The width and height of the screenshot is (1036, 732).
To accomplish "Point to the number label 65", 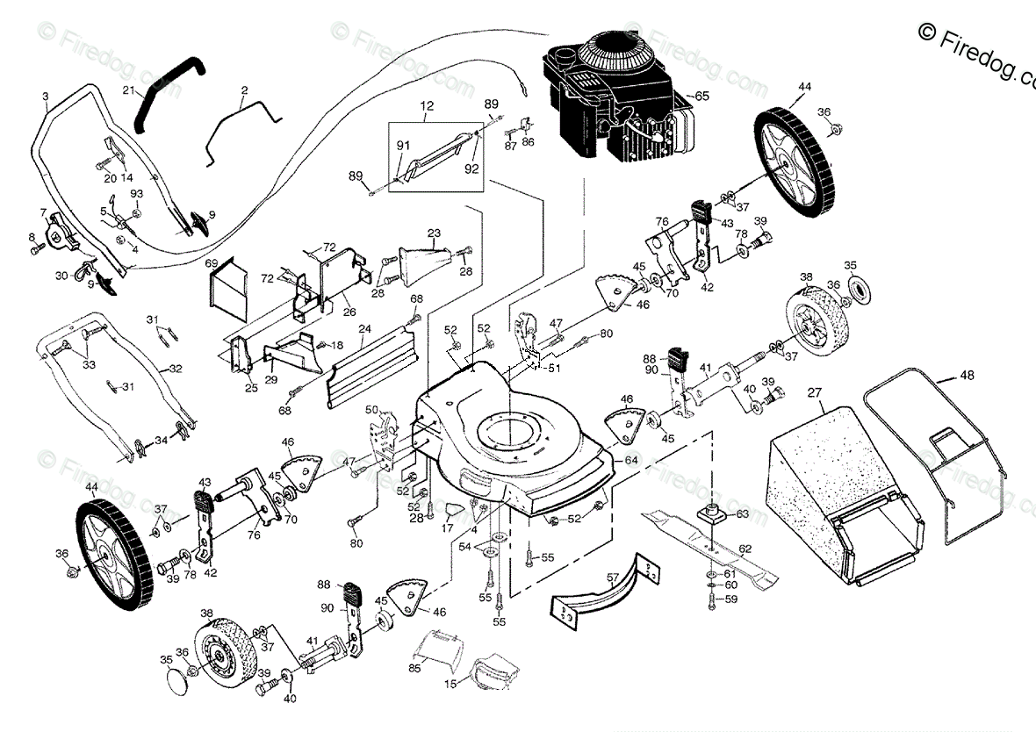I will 702,95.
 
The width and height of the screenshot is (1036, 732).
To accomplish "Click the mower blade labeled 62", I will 711,544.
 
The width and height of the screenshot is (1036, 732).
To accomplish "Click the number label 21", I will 129,91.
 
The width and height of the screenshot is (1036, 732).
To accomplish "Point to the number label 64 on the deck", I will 630,458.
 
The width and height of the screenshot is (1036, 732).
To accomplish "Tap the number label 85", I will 414,668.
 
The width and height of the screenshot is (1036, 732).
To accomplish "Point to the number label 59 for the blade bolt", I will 731,600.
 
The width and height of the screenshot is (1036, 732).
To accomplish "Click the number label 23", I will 434,233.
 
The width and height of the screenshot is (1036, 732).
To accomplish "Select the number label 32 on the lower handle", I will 176,369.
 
